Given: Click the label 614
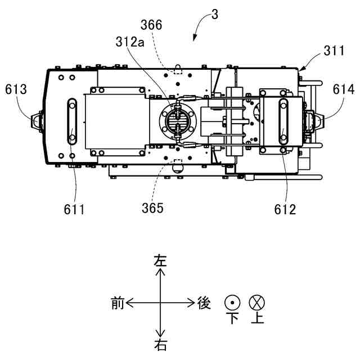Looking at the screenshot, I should tap(343, 89).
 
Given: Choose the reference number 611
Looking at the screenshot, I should tap(74, 210).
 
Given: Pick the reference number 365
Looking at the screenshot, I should tap(153, 208).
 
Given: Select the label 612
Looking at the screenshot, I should tap(285, 210).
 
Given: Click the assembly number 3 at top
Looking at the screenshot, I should tap(215, 14).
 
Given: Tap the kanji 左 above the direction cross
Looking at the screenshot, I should tap(161, 261).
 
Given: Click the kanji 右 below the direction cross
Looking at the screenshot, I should tap(161, 344).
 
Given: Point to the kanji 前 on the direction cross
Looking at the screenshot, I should tap(118, 304).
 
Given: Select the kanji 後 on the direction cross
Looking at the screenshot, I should tap(204, 304).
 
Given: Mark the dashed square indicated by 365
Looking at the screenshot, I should tap(178, 166).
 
